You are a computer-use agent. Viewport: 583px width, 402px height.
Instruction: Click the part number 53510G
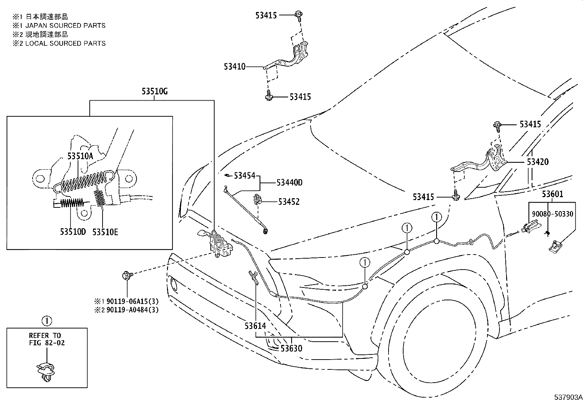point(155,91)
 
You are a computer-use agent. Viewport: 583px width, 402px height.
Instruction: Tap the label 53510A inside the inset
point(80,156)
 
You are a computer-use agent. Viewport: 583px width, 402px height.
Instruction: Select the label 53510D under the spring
point(73,232)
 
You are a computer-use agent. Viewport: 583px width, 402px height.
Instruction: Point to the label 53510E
point(105,232)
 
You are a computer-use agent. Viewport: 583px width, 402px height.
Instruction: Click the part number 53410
point(235,67)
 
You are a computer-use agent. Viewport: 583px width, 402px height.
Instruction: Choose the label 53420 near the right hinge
point(538,162)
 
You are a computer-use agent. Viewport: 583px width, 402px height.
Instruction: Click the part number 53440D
point(289,183)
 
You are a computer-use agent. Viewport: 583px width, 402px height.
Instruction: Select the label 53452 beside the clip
point(289,202)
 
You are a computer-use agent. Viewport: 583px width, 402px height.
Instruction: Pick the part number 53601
point(552,194)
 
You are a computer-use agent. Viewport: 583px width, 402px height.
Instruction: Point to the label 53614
point(255,326)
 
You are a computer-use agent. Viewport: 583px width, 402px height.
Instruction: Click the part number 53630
point(291,348)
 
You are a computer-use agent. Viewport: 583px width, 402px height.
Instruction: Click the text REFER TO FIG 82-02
point(45,339)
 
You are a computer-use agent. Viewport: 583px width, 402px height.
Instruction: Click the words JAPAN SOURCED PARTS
point(65,26)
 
